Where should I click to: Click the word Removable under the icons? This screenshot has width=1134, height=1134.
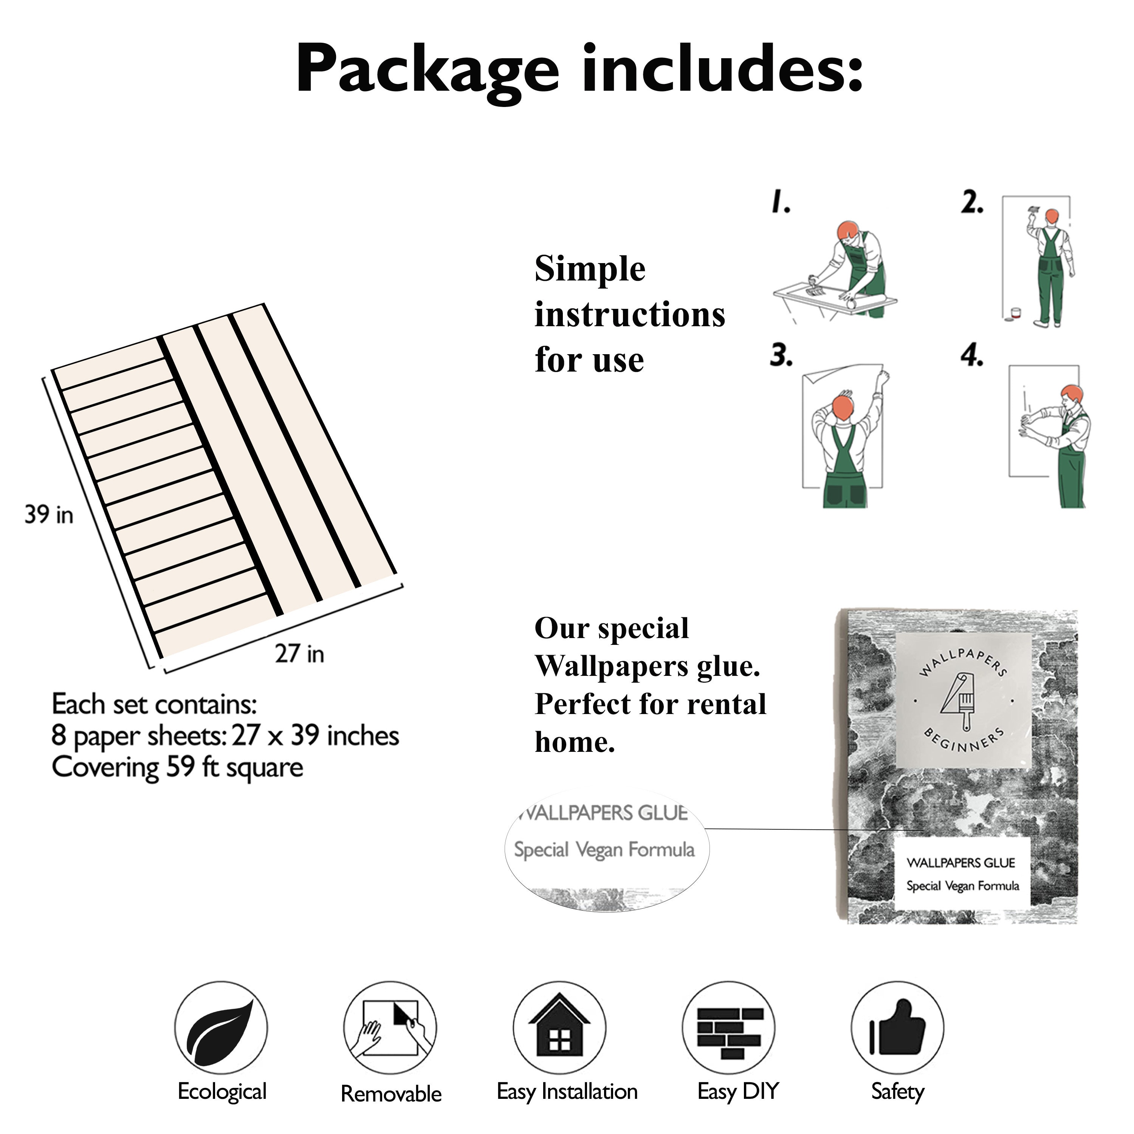(x=391, y=1094)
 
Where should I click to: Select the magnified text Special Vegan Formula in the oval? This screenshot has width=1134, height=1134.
(x=604, y=850)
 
